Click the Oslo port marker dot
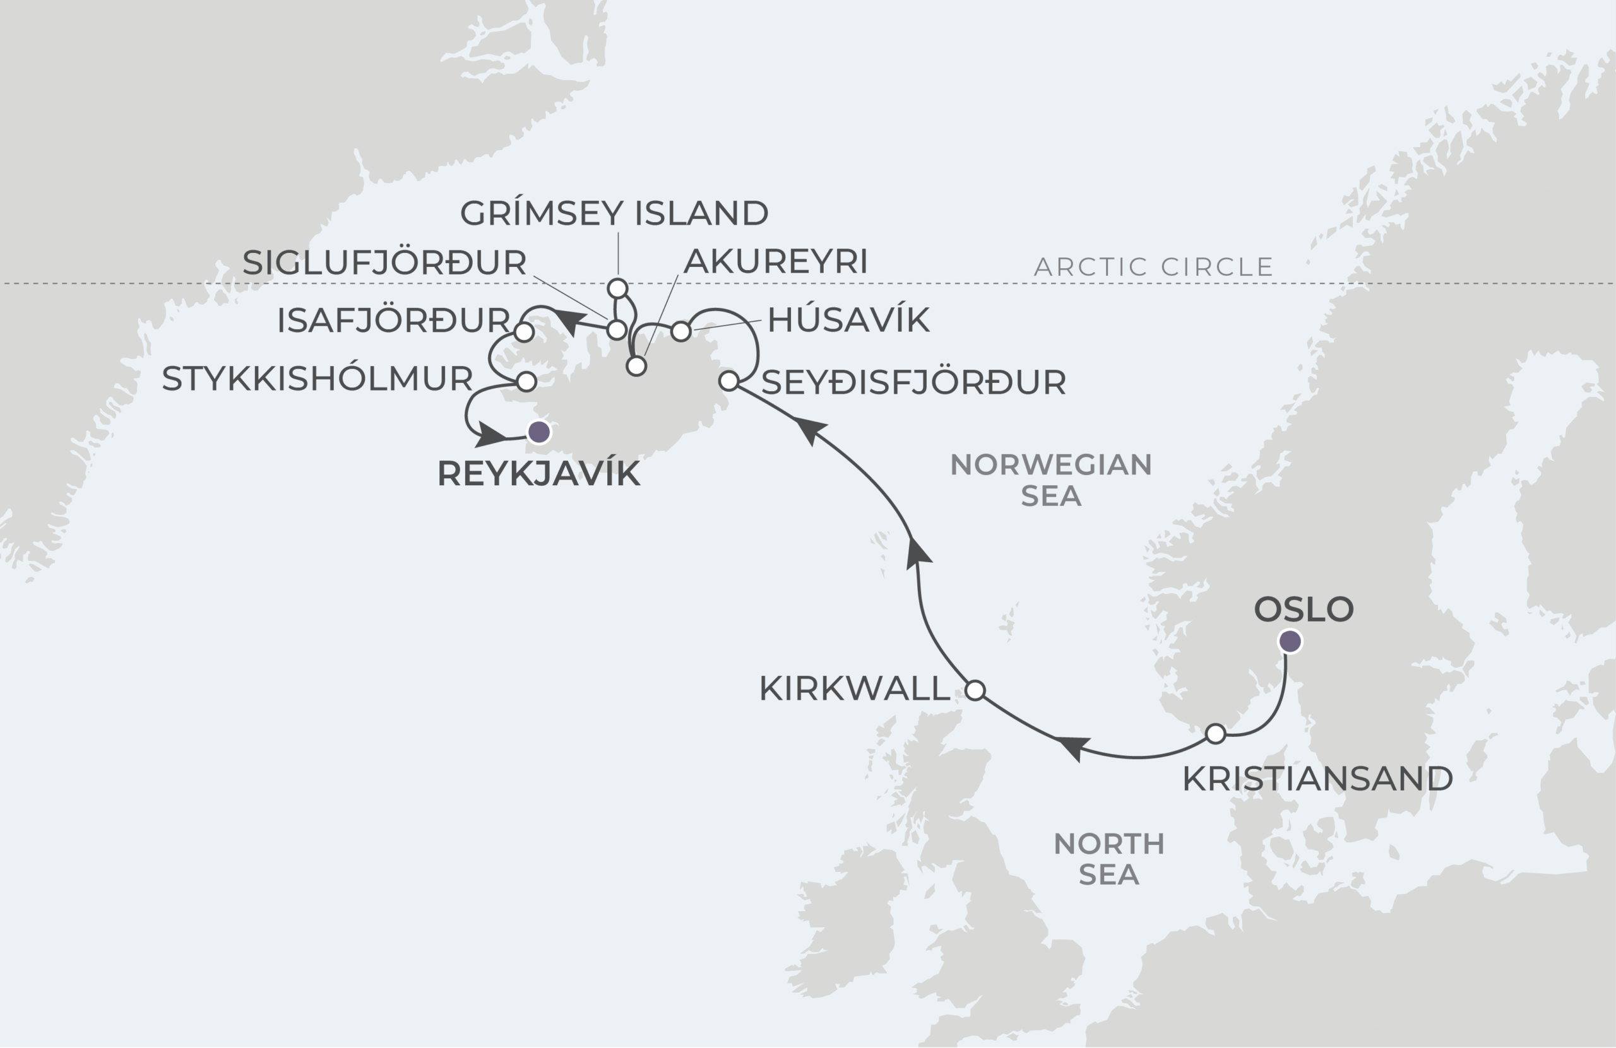coord(1290,641)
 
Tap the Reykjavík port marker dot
coord(539,432)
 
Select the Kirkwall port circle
coord(975,690)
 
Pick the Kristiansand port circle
coord(1216,734)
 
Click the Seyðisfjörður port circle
coord(728,381)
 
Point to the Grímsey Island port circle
coord(617,288)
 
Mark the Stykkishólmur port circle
coord(527,381)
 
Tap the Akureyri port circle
coord(636,367)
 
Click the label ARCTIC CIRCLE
coord(1153,267)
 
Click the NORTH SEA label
coord(1109,859)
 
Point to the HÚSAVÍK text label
coord(848,320)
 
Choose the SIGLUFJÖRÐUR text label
coord(384,262)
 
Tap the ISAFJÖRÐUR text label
coord(393,321)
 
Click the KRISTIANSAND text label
coord(1317,779)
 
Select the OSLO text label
coord(1304,609)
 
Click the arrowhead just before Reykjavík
coord(490,434)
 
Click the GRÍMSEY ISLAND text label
coord(614,213)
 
